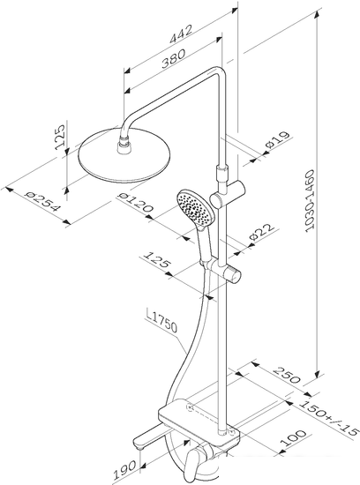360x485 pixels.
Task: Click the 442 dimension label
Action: coord(181,34)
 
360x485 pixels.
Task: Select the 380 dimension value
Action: coord(174,58)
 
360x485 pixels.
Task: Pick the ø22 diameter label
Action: coord(262,232)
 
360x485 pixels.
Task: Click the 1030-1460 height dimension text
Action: coord(309,201)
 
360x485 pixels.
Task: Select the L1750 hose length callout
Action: coord(161,322)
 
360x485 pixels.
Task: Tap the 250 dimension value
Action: coord(287,375)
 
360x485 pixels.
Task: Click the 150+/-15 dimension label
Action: coord(329,418)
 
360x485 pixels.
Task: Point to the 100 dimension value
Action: coord(293,437)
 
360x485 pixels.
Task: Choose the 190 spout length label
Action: coord(124,470)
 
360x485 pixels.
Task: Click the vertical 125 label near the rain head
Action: coord(60,137)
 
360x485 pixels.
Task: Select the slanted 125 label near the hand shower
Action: coord(157,260)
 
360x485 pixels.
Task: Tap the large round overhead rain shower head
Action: coord(124,156)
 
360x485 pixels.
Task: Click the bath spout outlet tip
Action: coord(139,444)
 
